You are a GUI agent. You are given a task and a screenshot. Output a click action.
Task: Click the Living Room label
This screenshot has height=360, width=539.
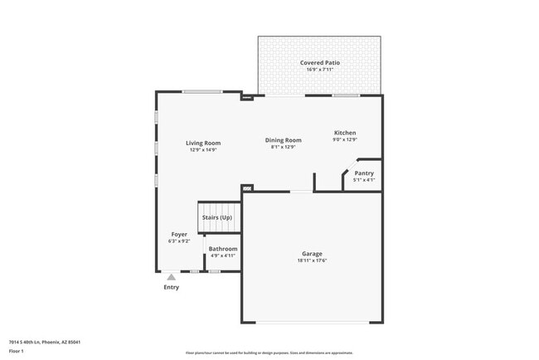(203, 143)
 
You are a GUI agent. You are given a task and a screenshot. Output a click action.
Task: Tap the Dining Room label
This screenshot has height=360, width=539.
(283, 140)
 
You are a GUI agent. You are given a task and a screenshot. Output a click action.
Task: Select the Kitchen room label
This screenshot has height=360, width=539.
(345, 133)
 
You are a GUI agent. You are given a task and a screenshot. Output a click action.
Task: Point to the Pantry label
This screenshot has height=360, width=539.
(364, 173)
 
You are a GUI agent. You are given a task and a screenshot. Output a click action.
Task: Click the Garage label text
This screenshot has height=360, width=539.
(312, 253)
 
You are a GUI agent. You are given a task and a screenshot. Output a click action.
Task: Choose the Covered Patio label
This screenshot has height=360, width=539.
(319, 62)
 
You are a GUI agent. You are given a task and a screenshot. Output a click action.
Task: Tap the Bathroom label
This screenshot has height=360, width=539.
(223, 249)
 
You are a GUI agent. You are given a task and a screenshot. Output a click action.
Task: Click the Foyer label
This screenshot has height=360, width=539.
(179, 234)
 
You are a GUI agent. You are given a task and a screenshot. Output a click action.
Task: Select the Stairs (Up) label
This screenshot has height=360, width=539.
(216, 217)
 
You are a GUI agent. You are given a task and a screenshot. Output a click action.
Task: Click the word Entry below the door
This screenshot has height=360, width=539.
(171, 287)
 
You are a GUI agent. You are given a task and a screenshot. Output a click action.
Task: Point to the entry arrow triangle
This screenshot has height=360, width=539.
(171, 277)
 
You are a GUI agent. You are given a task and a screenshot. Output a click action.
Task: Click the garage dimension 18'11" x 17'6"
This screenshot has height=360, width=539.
(312, 260)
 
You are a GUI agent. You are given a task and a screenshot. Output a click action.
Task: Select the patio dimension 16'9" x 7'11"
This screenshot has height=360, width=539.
(319, 70)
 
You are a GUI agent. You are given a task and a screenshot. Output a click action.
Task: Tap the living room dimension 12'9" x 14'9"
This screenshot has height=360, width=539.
(203, 150)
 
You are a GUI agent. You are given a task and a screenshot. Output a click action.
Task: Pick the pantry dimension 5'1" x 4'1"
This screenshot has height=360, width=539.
(364, 180)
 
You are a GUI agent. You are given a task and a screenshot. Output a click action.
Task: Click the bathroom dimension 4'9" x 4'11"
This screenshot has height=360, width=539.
(223, 256)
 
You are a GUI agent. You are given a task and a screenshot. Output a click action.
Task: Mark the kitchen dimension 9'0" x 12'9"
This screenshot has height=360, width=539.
(345, 140)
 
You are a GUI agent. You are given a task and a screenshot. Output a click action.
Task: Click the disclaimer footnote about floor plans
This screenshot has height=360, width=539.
(269, 353)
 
